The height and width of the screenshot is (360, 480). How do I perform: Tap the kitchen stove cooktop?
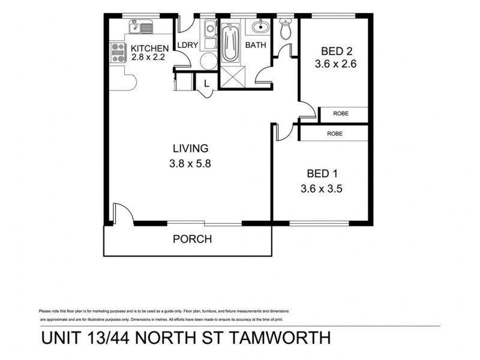(x=115, y=53)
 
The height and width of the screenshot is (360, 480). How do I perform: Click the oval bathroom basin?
(x=259, y=27)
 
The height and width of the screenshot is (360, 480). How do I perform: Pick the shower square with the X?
(x=230, y=78)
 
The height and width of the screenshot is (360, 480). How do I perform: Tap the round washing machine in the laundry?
(x=208, y=61)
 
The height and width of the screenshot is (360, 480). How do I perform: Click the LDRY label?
(x=184, y=44)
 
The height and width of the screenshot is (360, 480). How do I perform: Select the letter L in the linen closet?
(x=206, y=83)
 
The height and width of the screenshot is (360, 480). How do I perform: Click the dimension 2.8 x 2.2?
(x=148, y=58)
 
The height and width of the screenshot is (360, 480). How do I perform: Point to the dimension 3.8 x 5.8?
(x=191, y=162)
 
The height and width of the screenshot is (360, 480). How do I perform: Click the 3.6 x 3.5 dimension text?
(x=321, y=188)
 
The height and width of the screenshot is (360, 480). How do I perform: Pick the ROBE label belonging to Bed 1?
(x=334, y=134)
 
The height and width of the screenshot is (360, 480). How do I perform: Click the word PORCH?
(x=192, y=239)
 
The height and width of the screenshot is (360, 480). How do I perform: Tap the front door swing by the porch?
(x=119, y=214)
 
